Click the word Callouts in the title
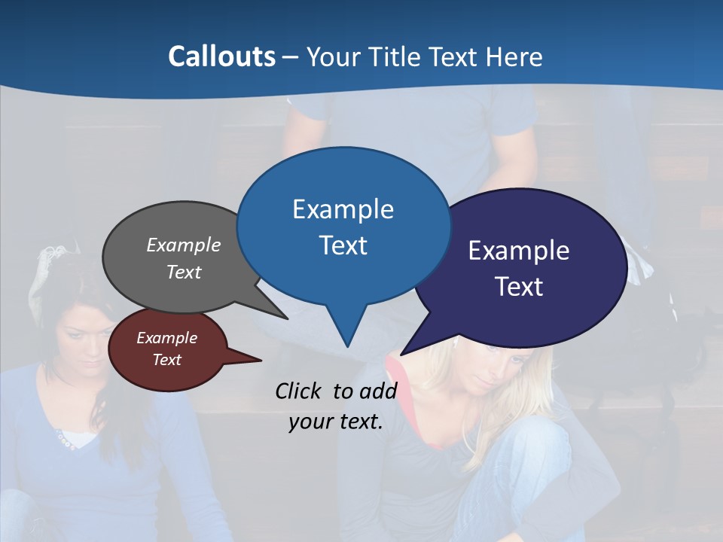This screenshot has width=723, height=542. coord(221,56)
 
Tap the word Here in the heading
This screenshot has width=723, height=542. coord(516,56)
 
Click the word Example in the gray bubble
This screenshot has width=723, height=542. coord(184,245)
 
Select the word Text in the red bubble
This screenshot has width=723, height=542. coord(166,360)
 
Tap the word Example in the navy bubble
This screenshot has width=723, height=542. coord(518,251)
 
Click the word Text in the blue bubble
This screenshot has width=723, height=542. coord(343,245)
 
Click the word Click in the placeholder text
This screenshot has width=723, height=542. coord(298,391)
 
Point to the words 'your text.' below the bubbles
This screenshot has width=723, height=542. coord(336,422)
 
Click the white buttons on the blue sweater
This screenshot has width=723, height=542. coord(66,443)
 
